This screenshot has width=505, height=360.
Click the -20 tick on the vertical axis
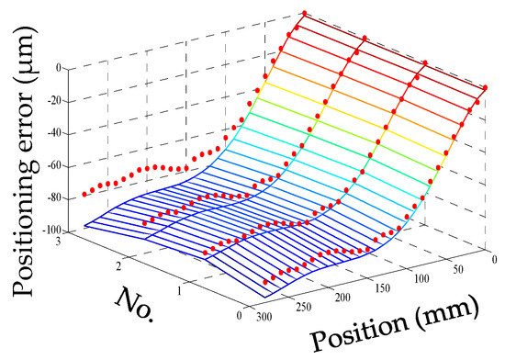click(54, 102)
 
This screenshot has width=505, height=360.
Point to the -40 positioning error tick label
click(54, 134)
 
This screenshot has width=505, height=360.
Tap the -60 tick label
click(54, 166)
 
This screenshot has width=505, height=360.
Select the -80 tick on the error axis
click(54, 198)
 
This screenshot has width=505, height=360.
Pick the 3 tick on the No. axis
click(58, 242)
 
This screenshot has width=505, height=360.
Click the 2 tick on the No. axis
click(118, 266)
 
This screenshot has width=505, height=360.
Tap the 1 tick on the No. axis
click(179, 291)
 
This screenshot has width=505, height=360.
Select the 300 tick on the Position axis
click(264, 318)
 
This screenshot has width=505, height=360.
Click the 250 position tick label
click(303, 307)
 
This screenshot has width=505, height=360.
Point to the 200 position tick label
click(342, 298)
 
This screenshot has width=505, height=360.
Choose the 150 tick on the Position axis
click(383, 287)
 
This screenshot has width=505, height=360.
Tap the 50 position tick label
click(457, 269)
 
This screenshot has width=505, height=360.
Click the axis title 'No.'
click(135, 304)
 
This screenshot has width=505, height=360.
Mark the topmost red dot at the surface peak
click(304, 13)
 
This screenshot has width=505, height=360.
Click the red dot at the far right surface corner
click(485, 87)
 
